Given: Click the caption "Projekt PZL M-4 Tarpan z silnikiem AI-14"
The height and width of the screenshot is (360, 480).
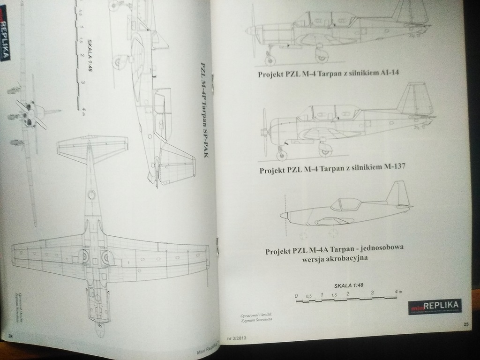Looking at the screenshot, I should (328, 73).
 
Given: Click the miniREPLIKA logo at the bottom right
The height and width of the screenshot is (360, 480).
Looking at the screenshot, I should (435, 307).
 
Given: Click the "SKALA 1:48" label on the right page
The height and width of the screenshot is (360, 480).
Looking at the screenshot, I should (349, 285).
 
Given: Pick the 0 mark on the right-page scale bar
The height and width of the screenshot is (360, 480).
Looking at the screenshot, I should (296, 296).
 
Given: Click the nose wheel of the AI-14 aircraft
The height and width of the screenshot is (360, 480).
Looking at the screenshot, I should (270, 60).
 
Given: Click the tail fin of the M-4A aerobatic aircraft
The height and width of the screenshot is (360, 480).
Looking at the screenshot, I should (397, 193).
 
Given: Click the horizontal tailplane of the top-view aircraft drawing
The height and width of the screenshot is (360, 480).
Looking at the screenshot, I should (92, 146).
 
